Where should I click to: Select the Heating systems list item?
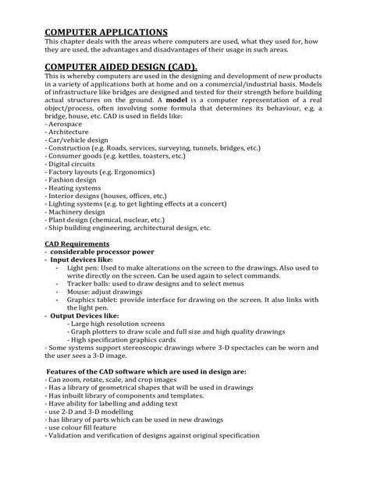(74, 189)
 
